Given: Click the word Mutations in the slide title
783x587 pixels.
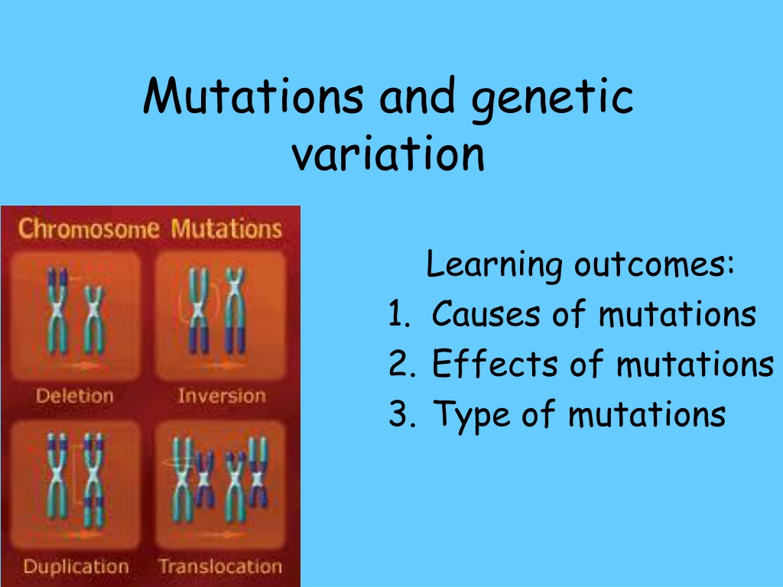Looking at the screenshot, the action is pos(253,96).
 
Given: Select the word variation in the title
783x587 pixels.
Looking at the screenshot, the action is pos(388,153).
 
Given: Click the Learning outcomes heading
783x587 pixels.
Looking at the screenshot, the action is pos(580,264).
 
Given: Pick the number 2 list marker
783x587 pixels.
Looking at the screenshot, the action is pos(401,364).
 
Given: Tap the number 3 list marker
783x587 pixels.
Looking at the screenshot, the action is pos(401,413).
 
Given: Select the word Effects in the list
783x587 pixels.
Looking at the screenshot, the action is pos(495,363).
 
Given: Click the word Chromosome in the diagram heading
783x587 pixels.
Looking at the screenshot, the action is pos(89,229).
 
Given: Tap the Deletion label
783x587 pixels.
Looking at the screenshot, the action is pos(75,396).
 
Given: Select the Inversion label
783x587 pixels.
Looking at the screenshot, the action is pos(222,396).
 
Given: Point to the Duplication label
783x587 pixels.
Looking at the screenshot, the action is pos(76,566).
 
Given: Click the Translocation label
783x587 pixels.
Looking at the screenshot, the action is pos(220,566).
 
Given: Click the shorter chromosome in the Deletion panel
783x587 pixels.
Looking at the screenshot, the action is pos(93,320).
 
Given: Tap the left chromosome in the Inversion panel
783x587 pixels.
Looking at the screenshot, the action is pos(198,310).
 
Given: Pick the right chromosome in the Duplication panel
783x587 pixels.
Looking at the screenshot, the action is pos(93,480).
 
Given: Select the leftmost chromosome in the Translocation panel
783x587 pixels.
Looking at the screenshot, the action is pos(182,479).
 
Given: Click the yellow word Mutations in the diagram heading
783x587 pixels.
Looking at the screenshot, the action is pos(226,229).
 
